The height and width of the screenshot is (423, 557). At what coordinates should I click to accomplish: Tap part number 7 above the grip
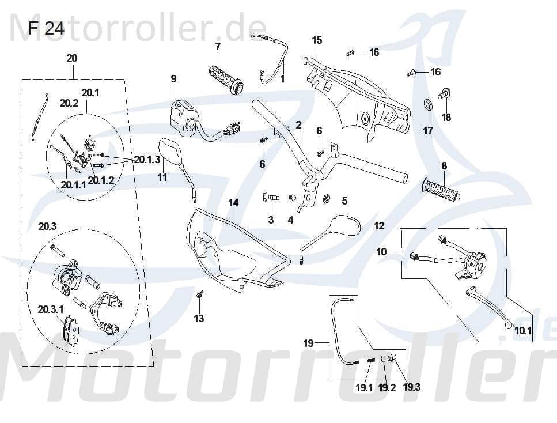pyautogui.click(x=218, y=46)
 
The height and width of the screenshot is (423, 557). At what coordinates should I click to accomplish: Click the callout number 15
pyautogui.click(x=317, y=40)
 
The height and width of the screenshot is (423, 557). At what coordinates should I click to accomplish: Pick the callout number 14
pyautogui.click(x=233, y=203)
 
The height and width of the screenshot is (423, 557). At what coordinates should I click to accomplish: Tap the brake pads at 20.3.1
pyautogui.click(x=70, y=328)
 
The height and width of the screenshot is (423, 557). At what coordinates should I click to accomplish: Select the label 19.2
pyautogui.click(x=387, y=387)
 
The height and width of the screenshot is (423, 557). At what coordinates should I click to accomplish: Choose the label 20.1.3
pyautogui.click(x=147, y=160)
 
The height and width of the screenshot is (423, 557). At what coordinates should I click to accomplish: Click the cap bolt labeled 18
pyautogui.click(x=445, y=93)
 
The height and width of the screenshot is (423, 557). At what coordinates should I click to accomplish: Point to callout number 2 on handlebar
pyautogui.click(x=298, y=124)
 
